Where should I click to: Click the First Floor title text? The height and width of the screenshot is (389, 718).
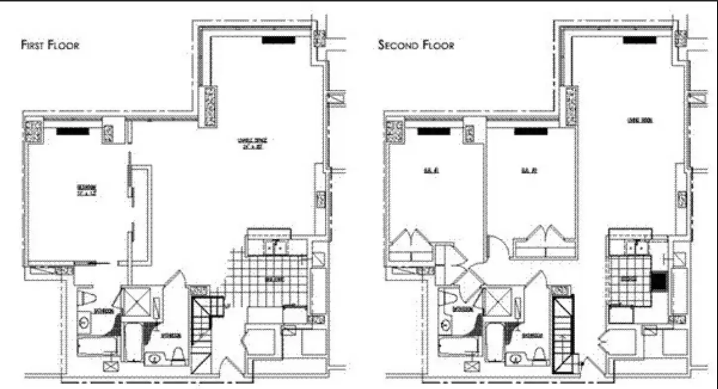[50, 45]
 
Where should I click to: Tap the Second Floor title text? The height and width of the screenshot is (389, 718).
[416, 45]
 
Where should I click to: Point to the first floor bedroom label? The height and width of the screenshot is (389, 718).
[86, 190]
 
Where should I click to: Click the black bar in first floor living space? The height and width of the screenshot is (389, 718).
[279, 41]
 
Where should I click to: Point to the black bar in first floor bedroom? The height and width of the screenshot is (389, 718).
[72, 131]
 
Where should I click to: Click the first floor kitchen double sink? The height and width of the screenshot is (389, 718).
[275, 246]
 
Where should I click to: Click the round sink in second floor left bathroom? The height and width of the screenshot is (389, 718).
[444, 325]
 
